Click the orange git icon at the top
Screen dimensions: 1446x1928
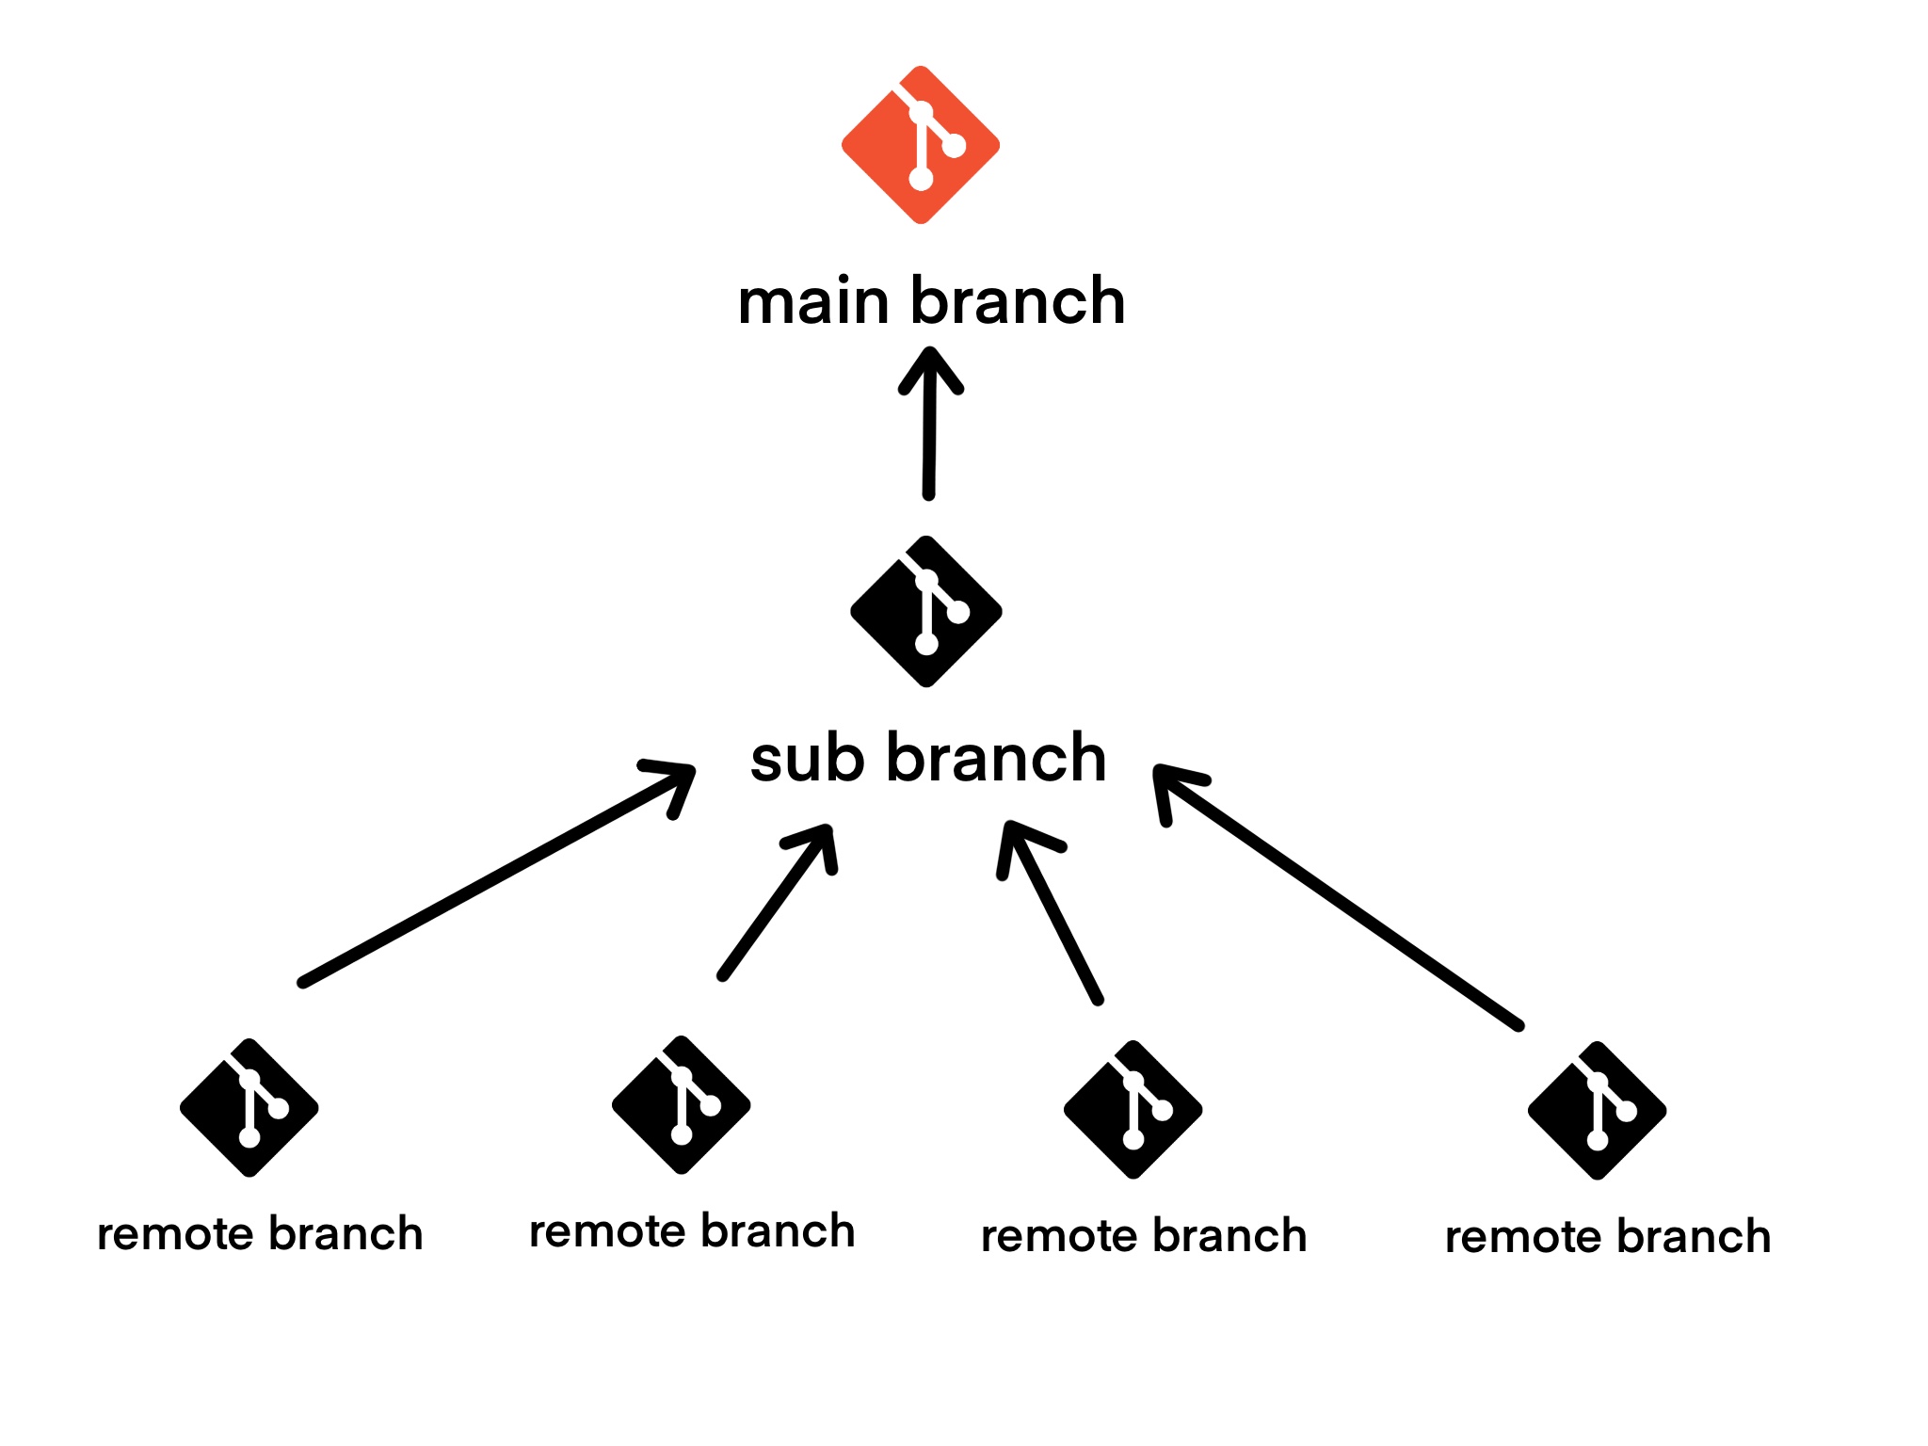920,145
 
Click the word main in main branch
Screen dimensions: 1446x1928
813,302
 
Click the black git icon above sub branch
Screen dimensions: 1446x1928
925,612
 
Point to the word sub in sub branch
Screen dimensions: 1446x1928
807,760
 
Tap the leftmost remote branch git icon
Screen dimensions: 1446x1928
249,1108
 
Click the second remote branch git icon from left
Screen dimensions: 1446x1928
681,1105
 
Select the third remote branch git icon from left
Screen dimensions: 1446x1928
1133,1110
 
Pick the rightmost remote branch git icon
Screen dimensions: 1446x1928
1597,1111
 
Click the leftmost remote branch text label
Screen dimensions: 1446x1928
260,1234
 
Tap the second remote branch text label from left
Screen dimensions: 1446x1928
692,1231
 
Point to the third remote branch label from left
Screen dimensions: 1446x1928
1144,1236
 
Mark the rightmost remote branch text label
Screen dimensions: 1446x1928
1608,1237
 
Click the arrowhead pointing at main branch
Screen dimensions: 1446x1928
930,370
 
